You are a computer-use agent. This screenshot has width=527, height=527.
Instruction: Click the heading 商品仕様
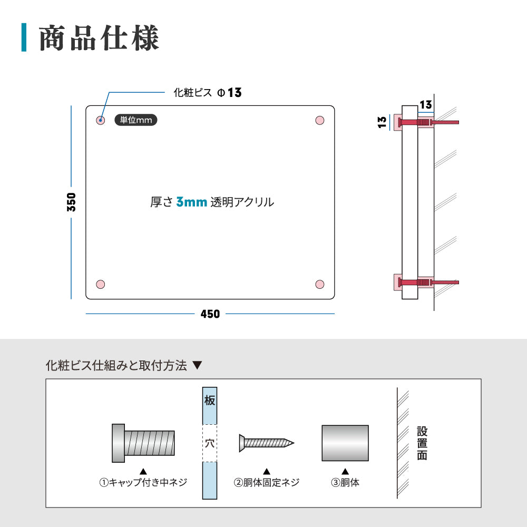click(99, 38)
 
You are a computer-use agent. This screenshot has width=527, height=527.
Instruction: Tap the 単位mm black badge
click(136, 120)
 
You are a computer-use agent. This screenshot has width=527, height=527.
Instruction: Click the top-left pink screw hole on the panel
click(101, 121)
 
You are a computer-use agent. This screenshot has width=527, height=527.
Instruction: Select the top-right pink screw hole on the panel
click(319, 121)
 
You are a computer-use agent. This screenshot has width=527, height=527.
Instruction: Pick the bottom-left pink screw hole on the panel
click(101, 285)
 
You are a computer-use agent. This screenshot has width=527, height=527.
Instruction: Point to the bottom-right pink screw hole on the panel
click(319, 285)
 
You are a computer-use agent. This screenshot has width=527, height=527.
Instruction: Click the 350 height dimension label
click(72, 202)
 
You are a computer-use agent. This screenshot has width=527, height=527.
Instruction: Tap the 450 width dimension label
click(210, 314)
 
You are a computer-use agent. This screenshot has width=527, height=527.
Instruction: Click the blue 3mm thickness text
click(191, 202)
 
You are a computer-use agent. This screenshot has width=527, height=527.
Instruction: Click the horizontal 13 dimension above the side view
click(426, 103)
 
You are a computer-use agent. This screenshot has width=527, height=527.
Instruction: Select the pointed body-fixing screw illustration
click(266, 442)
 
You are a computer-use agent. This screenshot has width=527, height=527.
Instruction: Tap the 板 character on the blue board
click(210, 401)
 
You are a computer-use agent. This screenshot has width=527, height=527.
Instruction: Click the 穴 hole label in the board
click(210, 443)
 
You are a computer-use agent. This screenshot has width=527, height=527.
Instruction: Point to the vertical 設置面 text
click(422, 443)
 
